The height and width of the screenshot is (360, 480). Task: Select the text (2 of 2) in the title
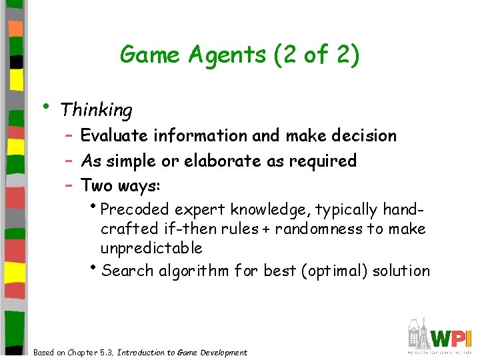pyautogui.click(x=317, y=55)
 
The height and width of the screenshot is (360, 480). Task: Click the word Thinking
pyautogui.click(x=96, y=109)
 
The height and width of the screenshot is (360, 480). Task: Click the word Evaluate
pyautogui.click(x=115, y=136)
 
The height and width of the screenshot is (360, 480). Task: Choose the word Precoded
pyautogui.click(x=136, y=210)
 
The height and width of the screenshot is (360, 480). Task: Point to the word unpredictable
pyautogui.click(x=151, y=249)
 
